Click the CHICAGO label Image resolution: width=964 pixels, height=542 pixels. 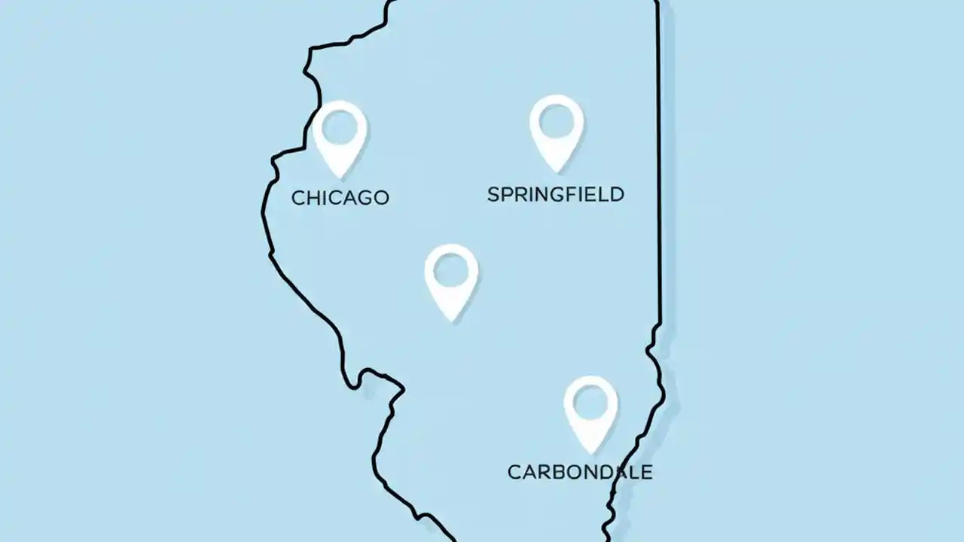[x=340, y=198]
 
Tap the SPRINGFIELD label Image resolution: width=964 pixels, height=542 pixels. [x=555, y=194]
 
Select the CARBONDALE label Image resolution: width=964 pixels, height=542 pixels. [x=579, y=472]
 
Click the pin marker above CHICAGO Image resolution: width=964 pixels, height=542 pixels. [x=340, y=136]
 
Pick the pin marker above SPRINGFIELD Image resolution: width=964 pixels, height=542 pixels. [x=556, y=130]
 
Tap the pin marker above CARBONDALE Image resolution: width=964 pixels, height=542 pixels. [x=590, y=411]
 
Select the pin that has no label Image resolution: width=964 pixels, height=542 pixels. [x=451, y=279]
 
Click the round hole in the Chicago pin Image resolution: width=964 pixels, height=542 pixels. [x=340, y=126]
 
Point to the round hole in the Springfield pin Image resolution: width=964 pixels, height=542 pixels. [x=556, y=120]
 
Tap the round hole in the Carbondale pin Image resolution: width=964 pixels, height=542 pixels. [x=590, y=402]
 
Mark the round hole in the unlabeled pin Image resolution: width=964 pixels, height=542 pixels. [x=451, y=269]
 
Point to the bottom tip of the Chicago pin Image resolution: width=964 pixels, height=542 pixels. [x=340, y=178]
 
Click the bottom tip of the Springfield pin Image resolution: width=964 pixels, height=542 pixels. [x=556, y=171]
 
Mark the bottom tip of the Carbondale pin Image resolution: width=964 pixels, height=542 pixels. [x=591, y=452]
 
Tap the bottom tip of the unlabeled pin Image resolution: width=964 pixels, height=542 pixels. [x=451, y=320]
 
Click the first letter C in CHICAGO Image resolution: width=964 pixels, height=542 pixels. [x=297, y=198]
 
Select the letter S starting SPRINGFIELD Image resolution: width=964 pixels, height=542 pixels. [x=493, y=194]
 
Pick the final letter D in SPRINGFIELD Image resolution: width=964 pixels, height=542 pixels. [x=617, y=194]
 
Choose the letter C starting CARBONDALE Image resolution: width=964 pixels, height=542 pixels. [x=514, y=472]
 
